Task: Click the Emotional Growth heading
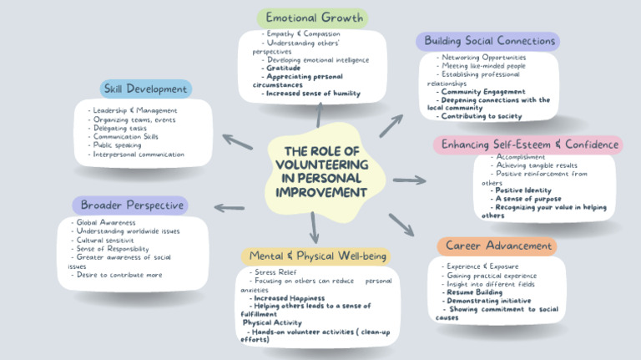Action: point(315,18)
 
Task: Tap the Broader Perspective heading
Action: point(129,205)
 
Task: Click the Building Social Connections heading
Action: point(488,41)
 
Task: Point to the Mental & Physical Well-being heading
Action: point(315,256)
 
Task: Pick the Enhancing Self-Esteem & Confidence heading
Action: point(528,145)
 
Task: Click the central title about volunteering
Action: point(321,172)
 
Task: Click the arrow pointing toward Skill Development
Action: point(238,141)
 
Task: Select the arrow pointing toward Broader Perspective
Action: point(230,207)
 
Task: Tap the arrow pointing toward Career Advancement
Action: point(401,225)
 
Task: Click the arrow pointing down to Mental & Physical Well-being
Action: point(314,227)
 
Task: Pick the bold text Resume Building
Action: point(474,292)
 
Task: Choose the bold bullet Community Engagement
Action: point(483,91)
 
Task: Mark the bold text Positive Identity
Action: point(523,190)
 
